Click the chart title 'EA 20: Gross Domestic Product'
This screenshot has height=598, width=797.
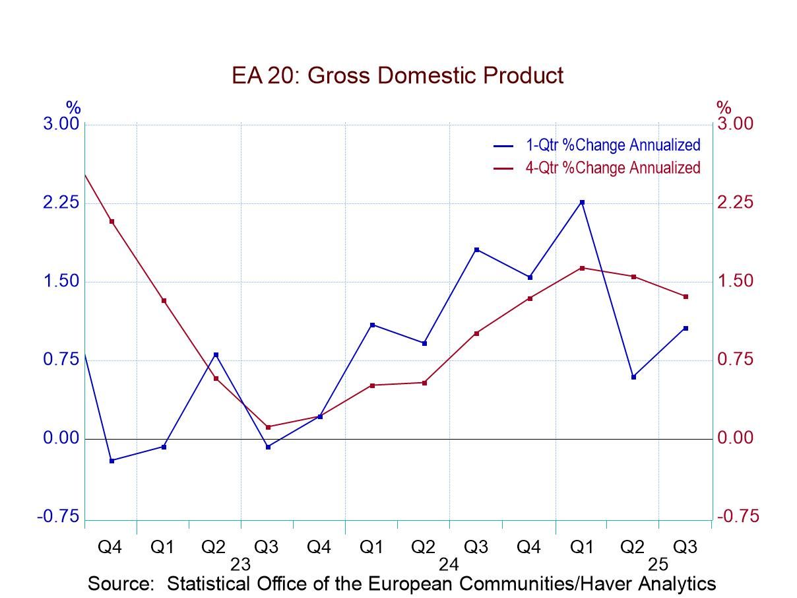click(397, 75)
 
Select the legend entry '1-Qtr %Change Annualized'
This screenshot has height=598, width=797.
click(612, 145)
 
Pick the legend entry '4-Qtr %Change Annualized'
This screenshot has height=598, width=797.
click(612, 168)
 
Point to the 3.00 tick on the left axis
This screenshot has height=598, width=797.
click(61, 124)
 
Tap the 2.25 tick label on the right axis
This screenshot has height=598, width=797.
click(735, 203)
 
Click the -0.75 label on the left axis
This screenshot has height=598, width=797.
click(58, 517)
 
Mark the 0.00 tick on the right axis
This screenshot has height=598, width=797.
click(735, 438)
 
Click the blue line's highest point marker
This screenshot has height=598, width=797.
click(582, 202)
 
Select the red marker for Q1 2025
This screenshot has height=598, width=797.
click(582, 268)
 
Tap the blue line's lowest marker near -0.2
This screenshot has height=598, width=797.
click(112, 461)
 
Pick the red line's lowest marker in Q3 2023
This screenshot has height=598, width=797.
click(268, 427)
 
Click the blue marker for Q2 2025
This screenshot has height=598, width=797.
click(634, 377)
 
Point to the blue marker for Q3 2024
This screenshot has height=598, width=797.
click(477, 249)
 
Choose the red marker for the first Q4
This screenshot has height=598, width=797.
click(112, 221)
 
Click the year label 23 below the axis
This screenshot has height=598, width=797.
click(240, 564)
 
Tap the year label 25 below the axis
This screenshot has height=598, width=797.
click(658, 564)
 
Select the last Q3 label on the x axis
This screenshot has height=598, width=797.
click(685, 547)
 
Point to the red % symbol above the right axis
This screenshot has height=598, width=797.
click(724, 107)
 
